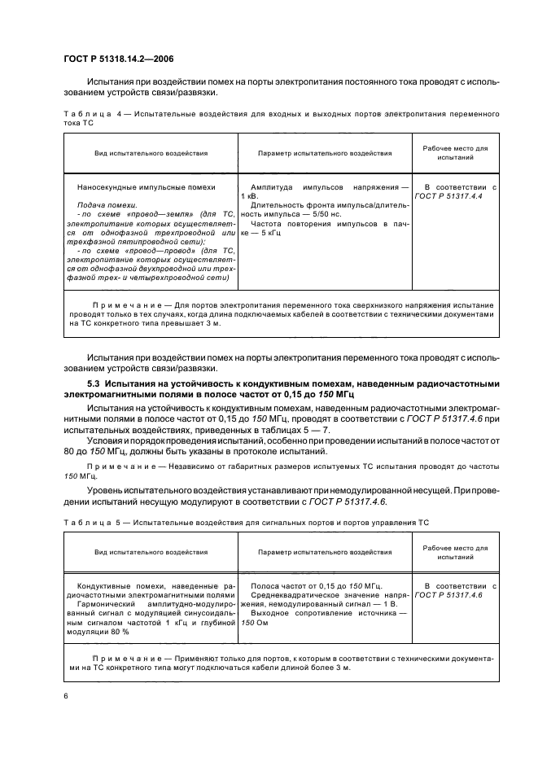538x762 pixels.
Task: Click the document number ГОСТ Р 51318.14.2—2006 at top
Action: pos(120,59)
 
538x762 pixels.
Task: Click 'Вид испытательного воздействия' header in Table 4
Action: pos(151,152)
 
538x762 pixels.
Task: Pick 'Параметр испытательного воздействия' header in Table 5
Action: pos(325,552)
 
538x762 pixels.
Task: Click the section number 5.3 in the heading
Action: pos(92,383)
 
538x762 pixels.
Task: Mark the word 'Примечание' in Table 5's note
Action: pos(123,657)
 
